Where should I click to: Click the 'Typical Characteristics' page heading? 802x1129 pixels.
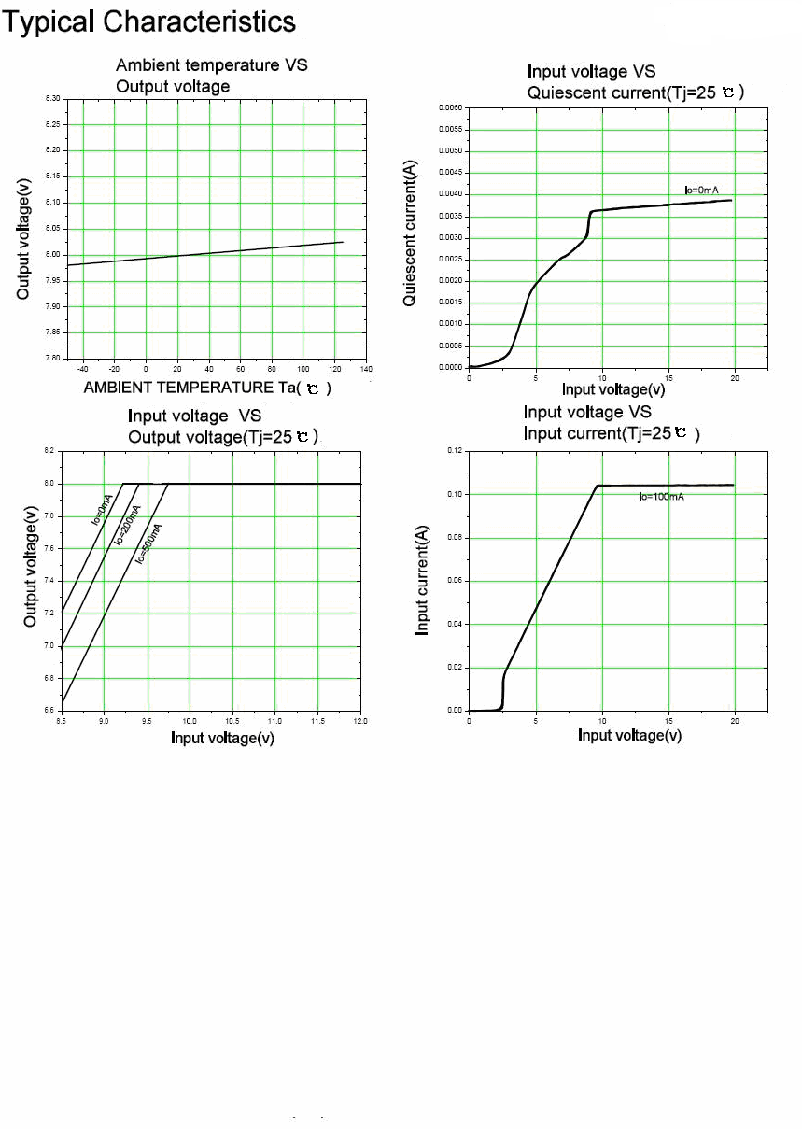[x=149, y=21]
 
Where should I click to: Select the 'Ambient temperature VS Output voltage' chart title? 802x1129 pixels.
[x=211, y=76]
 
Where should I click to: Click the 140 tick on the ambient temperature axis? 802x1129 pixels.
[x=366, y=370]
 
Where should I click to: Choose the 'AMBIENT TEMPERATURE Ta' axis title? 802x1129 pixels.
[x=207, y=388]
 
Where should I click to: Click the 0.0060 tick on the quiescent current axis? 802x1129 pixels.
[x=450, y=108]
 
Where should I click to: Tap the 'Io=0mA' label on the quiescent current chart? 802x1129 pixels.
[x=701, y=191]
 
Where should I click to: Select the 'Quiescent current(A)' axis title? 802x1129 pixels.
[x=410, y=233]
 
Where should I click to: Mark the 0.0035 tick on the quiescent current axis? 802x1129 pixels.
[x=450, y=217]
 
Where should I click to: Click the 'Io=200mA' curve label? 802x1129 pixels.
[x=127, y=525]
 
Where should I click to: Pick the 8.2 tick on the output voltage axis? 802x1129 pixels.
[x=49, y=451]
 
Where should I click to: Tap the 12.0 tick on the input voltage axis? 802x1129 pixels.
[x=360, y=722]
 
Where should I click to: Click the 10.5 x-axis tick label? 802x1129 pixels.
[x=232, y=722]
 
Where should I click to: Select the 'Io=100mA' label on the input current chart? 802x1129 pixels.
[x=661, y=497]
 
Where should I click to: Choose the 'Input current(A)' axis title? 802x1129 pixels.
[x=423, y=580]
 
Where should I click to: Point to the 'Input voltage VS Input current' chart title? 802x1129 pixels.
[x=612, y=422]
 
